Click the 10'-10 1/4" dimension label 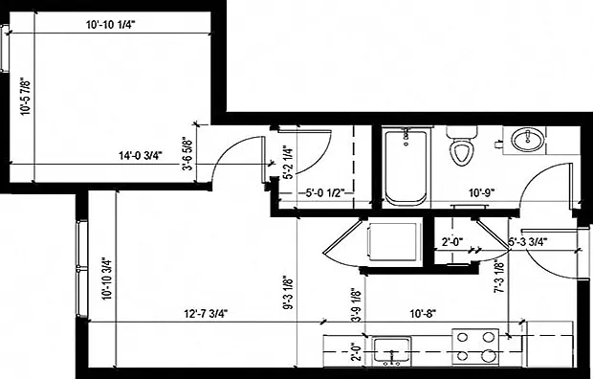point(110,25)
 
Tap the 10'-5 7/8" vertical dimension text point(25,97)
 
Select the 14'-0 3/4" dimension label point(141,156)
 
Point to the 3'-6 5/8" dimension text point(188,153)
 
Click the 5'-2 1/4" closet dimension point(288,163)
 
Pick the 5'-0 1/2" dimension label point(324,193)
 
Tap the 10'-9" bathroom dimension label point(482,193)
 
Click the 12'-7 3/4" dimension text point(206,314)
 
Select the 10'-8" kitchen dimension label point(423,314)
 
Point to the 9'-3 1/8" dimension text point(288,292)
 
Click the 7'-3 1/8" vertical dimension point(499,278)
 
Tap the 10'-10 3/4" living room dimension point(107,279)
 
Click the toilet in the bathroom point(462,145)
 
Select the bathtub point(406,167)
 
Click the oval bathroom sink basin point(528,140)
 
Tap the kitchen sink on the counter point(392,351)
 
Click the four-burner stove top point(475,346)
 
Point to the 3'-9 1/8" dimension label point(356,306)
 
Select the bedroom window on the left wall point(5,48)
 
